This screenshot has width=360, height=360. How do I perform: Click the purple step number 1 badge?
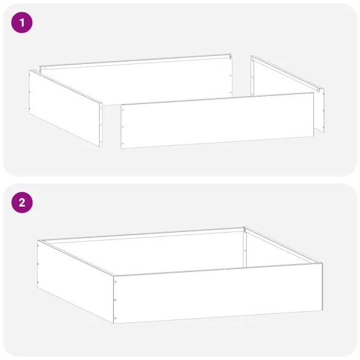[x=22, y=24]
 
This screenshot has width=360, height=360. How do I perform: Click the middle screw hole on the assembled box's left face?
[x=39, y=265]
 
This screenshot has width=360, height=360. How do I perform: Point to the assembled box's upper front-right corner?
[x=322, y=263]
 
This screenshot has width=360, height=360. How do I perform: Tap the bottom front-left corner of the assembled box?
[x=114, y=322]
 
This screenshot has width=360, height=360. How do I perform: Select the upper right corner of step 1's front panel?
[x=313, y=94]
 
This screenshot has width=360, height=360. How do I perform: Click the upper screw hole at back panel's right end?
[x=230, y=60]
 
